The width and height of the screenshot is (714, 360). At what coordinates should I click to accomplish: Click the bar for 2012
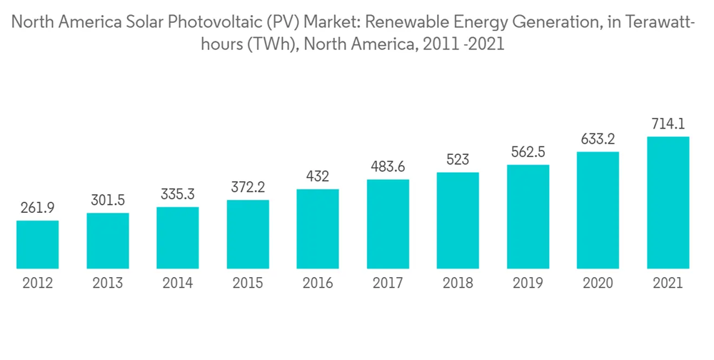coord(38,244)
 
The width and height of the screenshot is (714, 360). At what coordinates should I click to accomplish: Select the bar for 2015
coord(248,234)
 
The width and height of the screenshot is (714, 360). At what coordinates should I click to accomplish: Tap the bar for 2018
coord(458,221)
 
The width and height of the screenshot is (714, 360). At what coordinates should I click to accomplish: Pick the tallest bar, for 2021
coord(668,203)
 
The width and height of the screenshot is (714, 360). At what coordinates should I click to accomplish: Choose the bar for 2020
coord(598,210)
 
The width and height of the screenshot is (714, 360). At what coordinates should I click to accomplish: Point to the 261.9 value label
coord(38,209)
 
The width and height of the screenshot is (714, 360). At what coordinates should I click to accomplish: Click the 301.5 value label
coord(108,201)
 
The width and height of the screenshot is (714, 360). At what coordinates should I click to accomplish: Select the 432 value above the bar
coord(318,176)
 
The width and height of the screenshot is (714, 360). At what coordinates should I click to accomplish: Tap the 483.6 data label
coord(388,166)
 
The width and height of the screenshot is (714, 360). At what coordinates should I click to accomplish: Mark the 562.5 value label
coord(528,152)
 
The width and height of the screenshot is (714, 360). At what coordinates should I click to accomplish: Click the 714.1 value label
coord(668,124)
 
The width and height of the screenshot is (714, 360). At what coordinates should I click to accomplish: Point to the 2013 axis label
coord(108,283)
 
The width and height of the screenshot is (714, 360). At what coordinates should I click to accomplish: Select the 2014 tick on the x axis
coord(178,283)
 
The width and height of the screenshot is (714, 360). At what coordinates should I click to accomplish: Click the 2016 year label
coord(318,283)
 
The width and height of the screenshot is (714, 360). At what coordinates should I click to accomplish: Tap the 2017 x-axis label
coord(388,283)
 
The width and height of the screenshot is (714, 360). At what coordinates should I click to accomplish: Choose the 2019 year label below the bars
coord(528,283)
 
